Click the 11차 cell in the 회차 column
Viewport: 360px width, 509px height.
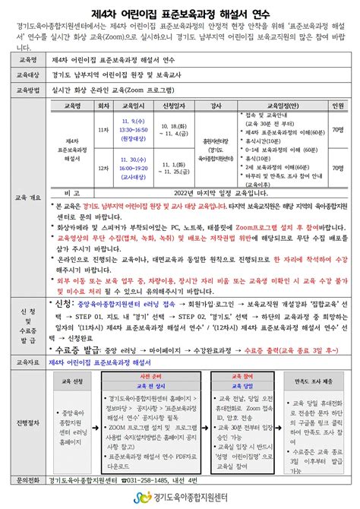tap(104, 131)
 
